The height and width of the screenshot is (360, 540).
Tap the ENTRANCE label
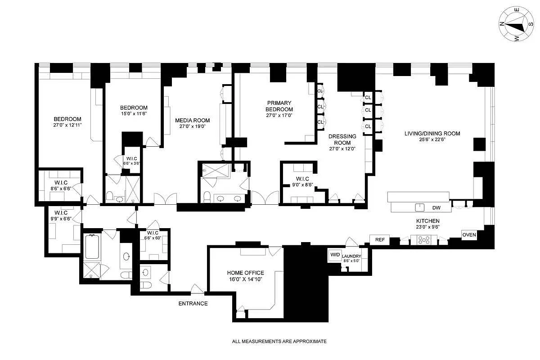(x=193, y=303)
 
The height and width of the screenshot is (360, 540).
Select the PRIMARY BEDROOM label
(x=279, y=106)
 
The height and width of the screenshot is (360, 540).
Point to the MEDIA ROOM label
(x=192, y=120)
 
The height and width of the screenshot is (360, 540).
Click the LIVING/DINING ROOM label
(x=432, y=133)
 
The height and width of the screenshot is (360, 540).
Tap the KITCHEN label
(x=427, y=221)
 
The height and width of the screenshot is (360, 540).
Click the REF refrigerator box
(x=380, y=240)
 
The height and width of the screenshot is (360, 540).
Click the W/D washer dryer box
(x=335, y=254)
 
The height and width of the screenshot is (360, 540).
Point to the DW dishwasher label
(x=436, y=208)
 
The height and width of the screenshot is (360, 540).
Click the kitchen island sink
(x=420, y=207)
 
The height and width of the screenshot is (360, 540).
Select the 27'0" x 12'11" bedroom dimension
(x=67, y=126)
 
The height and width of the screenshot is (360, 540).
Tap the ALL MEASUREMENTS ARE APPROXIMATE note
(x=279, y=342)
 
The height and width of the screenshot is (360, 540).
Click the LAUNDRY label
(x=351, y=256)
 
